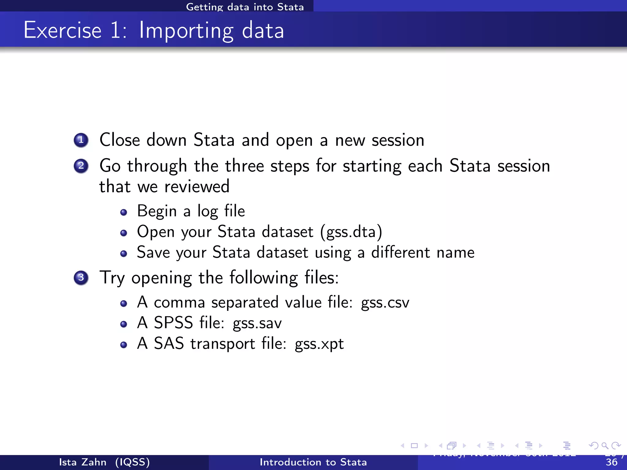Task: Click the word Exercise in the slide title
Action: pyautogui.click(x=62, y=30)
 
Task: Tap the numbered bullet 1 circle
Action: pyautogui.click(x=81, y=140)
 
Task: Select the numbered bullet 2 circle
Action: pyautogui.click(x=81, y=166)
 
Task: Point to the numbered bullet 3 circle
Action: pyautogui.click(x=81, y=278)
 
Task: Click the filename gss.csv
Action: pyautogui.click(x=385, y=303)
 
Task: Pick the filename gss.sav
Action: pyautogui.click(x=257, y=323)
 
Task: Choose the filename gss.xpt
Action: pyautogui.click(x=319, y=344)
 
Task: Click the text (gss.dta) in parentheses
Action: pyautogui.click(x=351, y=232)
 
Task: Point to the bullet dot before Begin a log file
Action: pyautogui.click(x=124, y=212)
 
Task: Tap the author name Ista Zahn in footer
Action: pyautogui.click(x=83, y=462)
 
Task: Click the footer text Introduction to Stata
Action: pyautogui.click(x=313, y=462)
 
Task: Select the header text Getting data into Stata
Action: pyautogui.click(x=245, y=7)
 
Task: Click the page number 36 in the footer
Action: pyautogui.click(x=611, y=462)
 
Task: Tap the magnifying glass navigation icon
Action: pyautogui.click(x=604, y=446)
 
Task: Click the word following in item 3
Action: pyautogui.click(x=264, y=278)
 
